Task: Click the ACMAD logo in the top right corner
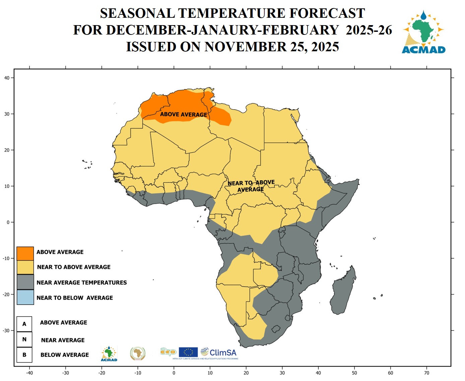click(423, 32)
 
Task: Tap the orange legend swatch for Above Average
click(25, 253)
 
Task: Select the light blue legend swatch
click(25, 297)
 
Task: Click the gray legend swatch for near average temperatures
click(25, 282)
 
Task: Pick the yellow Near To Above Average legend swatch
click(25, 267)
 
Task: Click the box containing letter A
click(24, 324)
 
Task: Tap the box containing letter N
click(24, 339)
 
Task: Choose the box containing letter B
click(24, 355)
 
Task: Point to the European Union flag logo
click(188, 352)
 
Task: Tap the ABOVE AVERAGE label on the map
click(184, 114)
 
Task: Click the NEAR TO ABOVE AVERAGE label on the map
click(251, 186)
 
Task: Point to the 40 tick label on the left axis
click(7, 78)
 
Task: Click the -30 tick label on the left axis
click(6, 330)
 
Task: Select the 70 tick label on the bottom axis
click(426, 373)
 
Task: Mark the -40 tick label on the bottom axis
click(29, 373)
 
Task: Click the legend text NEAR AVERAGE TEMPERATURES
click(81, 282)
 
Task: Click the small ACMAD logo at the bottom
click(109, 354)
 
